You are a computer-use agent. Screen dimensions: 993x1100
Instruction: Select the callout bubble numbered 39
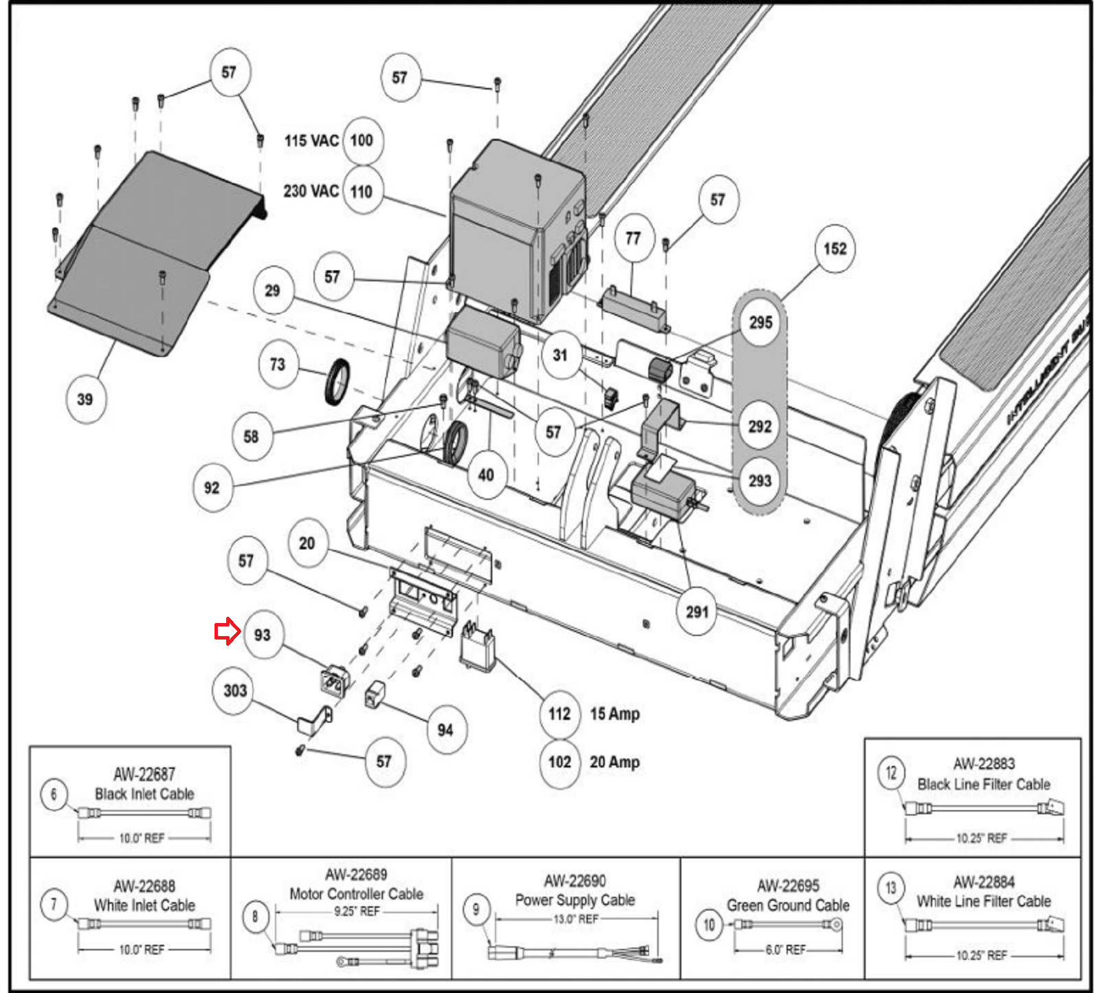85,399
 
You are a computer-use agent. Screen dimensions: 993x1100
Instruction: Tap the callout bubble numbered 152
835,248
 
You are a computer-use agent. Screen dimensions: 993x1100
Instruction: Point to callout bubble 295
760,323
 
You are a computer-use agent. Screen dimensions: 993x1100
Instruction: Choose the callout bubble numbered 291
696,611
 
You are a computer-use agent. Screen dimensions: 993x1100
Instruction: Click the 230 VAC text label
311,190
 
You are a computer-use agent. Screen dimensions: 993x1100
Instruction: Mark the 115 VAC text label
311,140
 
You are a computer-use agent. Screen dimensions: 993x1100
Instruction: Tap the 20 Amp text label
615,762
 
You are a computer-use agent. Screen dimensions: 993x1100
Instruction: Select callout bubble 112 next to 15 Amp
559,714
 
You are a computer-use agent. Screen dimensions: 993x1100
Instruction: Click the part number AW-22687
144,774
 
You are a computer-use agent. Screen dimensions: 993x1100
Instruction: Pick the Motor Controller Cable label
356,894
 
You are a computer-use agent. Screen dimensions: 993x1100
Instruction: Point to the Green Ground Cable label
788,905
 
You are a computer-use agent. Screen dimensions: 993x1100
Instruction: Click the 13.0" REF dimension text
576,919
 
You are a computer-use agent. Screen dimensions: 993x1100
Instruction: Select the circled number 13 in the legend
890,888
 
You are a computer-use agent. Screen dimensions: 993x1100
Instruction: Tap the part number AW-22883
984,763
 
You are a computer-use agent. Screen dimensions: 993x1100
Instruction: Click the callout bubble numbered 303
234,690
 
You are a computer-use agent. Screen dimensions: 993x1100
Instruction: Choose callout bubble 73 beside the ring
277,364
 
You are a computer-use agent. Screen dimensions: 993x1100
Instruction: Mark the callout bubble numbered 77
632,238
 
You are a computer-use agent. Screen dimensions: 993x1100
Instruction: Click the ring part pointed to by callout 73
337,382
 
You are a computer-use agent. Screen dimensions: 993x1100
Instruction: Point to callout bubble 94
445,730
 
